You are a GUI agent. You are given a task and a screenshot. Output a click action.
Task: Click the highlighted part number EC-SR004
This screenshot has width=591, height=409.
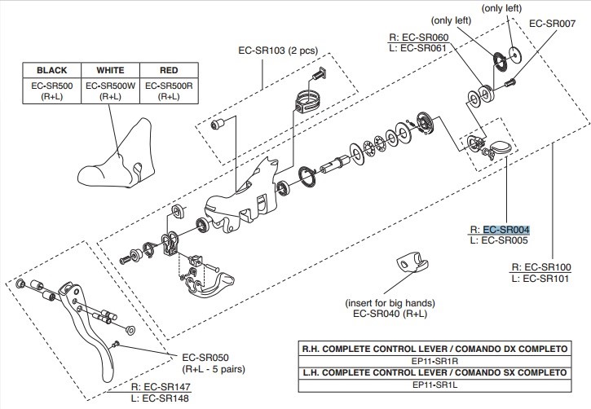coord(505,230)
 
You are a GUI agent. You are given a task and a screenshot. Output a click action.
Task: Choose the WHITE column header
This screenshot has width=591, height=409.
coord(111,70)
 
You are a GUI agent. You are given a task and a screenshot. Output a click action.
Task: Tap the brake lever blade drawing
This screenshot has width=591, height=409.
coord(90,326)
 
